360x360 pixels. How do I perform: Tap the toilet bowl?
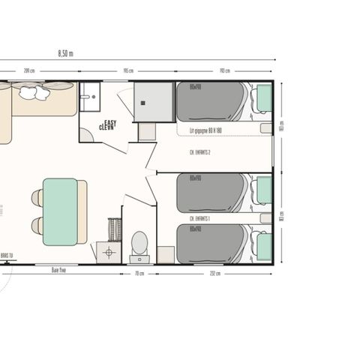[x=139, y=242]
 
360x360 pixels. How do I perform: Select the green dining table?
[x=61, y=211]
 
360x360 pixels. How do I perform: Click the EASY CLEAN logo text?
[x=109, y=126]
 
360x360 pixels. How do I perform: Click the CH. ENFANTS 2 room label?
[x=199, y=152]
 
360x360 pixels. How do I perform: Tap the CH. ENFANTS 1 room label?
[x=199, y=218]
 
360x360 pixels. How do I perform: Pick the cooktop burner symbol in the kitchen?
[x=109, y=252]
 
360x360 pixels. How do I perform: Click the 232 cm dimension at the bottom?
[x=215, y=273]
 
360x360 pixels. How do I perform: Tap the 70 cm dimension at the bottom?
[x=139, y=273]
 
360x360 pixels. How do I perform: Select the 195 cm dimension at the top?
[x=128, y=71]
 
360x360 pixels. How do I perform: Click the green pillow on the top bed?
[x=263, y=97]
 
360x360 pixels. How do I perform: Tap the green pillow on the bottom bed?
[x=263, y=244]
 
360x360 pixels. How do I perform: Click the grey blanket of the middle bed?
[x=211, y=192]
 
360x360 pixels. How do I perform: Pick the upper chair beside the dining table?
[x=37, y=198]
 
